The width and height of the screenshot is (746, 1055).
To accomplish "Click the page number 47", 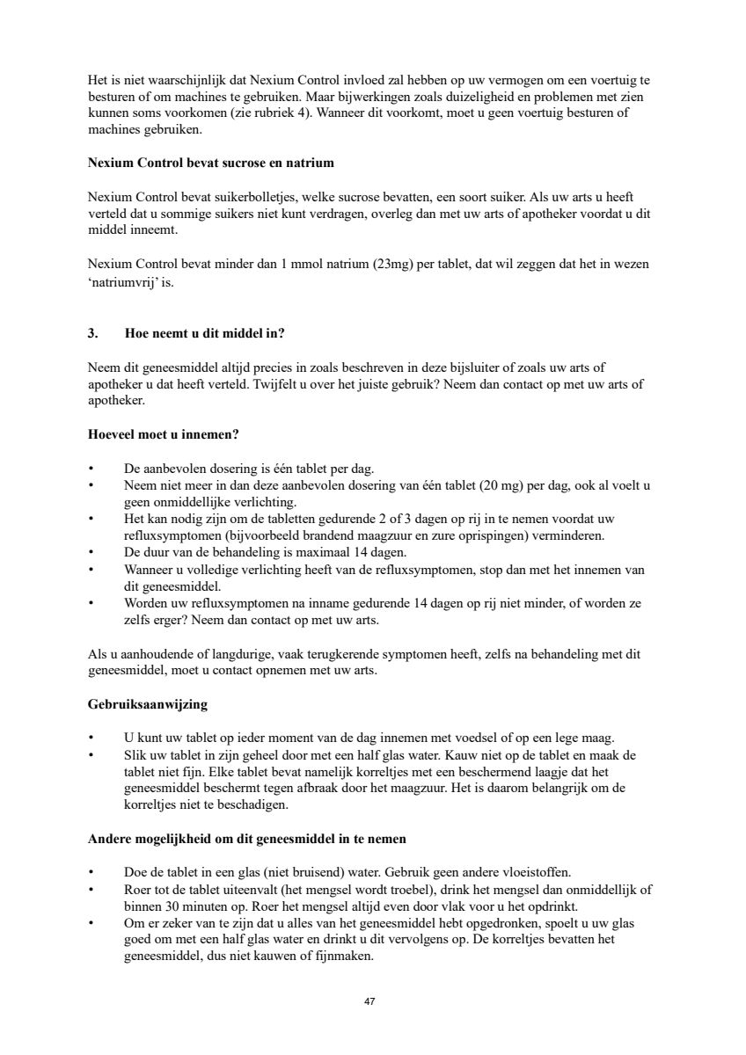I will [x=370, y=1001].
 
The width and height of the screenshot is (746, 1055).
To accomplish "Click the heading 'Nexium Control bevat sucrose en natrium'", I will [x=210, y=163].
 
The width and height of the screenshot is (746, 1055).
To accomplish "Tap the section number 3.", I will [x=92, y=333].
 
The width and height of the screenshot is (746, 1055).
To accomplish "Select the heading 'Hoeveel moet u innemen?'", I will [x=164, y=434].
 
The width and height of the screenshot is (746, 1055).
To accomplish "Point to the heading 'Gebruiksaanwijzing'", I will [x=148, y=704].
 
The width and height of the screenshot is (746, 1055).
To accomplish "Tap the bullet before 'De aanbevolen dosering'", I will [x=92, y=468].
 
